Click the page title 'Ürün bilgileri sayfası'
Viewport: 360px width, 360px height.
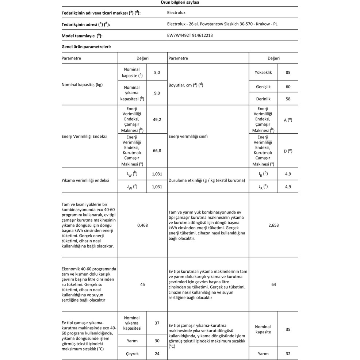tap(180, 2)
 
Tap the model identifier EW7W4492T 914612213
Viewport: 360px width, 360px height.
tap(187, 35)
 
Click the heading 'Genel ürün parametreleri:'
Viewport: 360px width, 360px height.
tap(86, 47)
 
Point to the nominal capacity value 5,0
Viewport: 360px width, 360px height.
tap(157, 72)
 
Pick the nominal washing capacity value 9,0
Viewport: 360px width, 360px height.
tap(157, 93)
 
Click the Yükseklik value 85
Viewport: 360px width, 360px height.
tap(288, 72)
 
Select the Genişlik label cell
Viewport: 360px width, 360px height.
tap(263, 87)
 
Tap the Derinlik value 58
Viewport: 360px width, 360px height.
tap(288, 99)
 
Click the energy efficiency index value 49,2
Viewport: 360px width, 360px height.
tap(157, 119)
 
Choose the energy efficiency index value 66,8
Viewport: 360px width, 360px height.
tap(157, 150)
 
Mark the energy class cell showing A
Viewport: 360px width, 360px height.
tap(288, 119)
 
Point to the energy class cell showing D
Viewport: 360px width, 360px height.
tap(288, 150)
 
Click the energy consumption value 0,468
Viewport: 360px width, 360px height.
tap(142, 225)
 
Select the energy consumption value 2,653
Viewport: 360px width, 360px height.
tap(273, 225)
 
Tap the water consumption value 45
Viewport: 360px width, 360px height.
tap(142, 284)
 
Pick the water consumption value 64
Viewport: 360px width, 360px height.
tap(273, 284)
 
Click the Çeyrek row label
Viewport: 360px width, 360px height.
tap(132, 353)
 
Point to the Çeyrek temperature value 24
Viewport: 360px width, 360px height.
tap(157, 353)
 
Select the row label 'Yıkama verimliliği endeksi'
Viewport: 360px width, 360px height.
tap(85, 180)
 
